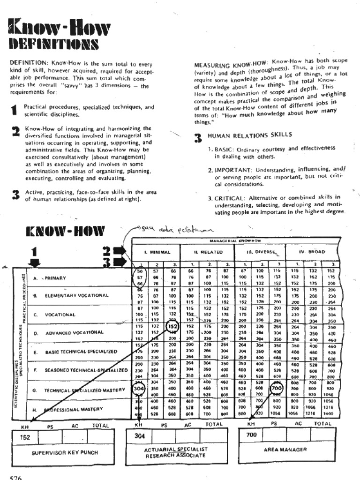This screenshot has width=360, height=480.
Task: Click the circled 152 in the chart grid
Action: [x=172, y=326]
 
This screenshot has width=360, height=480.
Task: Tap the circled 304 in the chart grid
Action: [x=138, y=389]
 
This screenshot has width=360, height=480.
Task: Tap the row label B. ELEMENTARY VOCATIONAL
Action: [x=76, y=296]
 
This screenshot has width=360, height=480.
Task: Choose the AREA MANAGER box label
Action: [x=285, y=449]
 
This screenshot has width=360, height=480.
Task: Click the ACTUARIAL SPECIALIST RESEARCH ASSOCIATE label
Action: [x=176, y=452]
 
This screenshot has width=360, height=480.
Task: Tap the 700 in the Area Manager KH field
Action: [x=251, y=434]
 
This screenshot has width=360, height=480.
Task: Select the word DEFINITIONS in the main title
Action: [x=54, y=44]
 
